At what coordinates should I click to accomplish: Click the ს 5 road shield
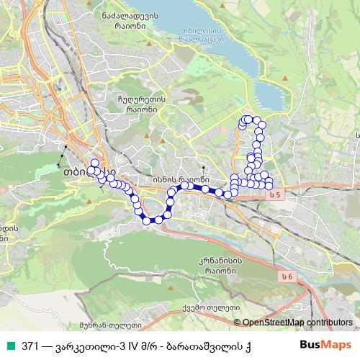click(271, 195)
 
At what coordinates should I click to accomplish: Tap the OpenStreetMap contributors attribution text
click(298, 323)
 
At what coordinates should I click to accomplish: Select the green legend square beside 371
click(9, 345)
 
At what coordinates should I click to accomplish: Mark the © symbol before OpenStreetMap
click(238, 323)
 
